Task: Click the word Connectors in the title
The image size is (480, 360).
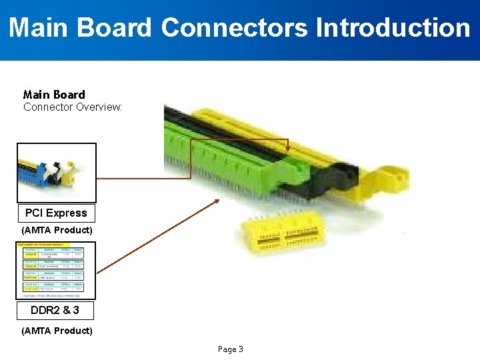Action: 234,28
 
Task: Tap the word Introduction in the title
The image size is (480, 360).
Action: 393,28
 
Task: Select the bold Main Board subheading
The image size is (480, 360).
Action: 54,95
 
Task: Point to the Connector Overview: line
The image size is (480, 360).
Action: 73,107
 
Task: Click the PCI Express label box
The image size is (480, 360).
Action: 56,213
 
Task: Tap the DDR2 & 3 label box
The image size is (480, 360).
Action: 55,311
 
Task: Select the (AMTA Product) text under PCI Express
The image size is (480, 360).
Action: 57,230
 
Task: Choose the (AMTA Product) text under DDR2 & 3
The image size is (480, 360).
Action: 57,331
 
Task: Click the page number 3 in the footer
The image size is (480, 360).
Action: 241,349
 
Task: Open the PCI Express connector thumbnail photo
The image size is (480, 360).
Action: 56,173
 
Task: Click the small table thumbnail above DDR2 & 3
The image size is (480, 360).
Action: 56,270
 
